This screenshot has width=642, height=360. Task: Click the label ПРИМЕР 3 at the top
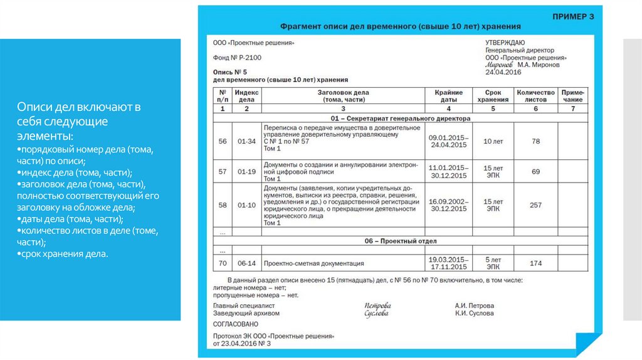click(x=572, y=16)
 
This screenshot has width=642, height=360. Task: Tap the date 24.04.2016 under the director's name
click(x=503, y=72)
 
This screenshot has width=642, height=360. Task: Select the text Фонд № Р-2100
click(x=238, y=58)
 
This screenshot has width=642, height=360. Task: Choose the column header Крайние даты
click(x=448, y=95)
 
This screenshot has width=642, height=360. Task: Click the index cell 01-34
click(x=246, y=141)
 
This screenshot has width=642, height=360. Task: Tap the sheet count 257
click(x=535, y=205)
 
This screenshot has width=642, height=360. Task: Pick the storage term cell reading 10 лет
click(x=492, y=141)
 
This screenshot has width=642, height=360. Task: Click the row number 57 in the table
click(x=222, y=171)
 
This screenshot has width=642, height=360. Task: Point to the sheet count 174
click(x=535, y=263)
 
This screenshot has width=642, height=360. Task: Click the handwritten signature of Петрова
click(x=376, y=305)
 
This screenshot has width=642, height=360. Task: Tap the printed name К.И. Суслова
click(x=474, y=313)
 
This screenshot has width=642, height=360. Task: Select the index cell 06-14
click(x=246, y=263)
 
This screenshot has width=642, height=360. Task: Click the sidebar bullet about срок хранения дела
click(x=63, y=254)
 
